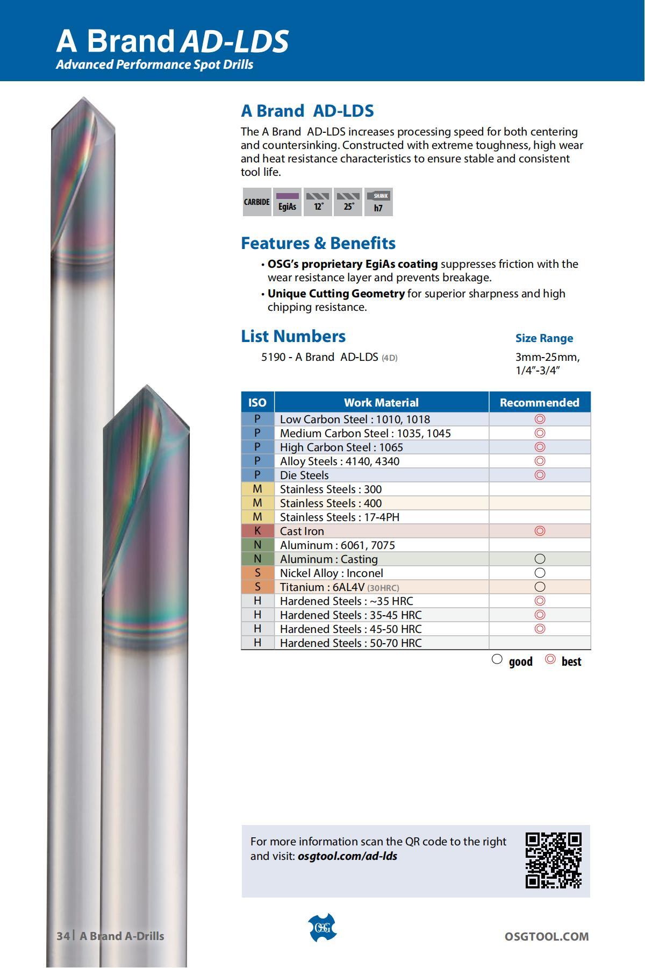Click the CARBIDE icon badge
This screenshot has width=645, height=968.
(257, 202)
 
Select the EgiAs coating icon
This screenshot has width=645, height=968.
(288, 202)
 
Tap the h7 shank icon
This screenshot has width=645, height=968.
(378, 202)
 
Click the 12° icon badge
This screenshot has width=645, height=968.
(318, 202)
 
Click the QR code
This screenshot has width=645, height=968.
(553, 860)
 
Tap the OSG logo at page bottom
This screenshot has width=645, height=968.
(322, 928)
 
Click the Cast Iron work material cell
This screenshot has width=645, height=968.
(382, 531)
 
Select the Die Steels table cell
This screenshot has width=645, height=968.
(382, 475)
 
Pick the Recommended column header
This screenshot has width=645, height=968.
(540, 402)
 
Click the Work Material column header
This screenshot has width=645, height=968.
(382, 402)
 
